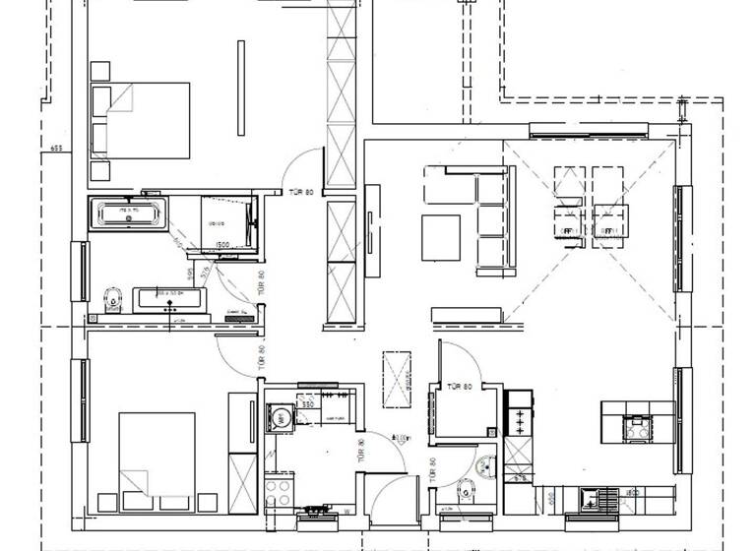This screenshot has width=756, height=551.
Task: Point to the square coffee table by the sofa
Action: (442, 237)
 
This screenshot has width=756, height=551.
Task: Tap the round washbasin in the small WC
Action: (483, 466)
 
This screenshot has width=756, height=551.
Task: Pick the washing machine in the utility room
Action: (281, 417)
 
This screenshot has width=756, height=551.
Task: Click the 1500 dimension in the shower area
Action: (223, 245)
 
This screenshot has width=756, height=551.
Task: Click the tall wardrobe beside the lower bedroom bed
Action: (242, 453)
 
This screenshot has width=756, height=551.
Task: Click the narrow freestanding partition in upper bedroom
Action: (241, 89)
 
